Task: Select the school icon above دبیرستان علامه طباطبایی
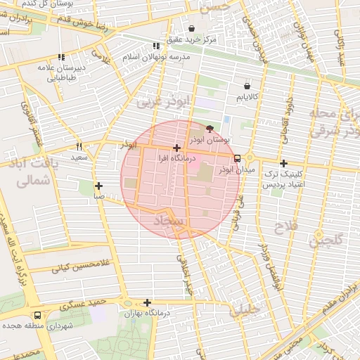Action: click(62, 57)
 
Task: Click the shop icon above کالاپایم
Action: click(246, 84)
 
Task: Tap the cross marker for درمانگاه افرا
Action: click(176, 148)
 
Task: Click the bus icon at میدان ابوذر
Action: click(237, 158)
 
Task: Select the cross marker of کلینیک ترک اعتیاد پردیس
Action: click(283, 163)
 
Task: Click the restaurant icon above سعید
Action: click(79, 146)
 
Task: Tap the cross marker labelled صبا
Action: click(98, 186)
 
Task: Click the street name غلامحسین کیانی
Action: click(63, 268)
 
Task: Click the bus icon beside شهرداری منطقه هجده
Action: click(37, 316)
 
